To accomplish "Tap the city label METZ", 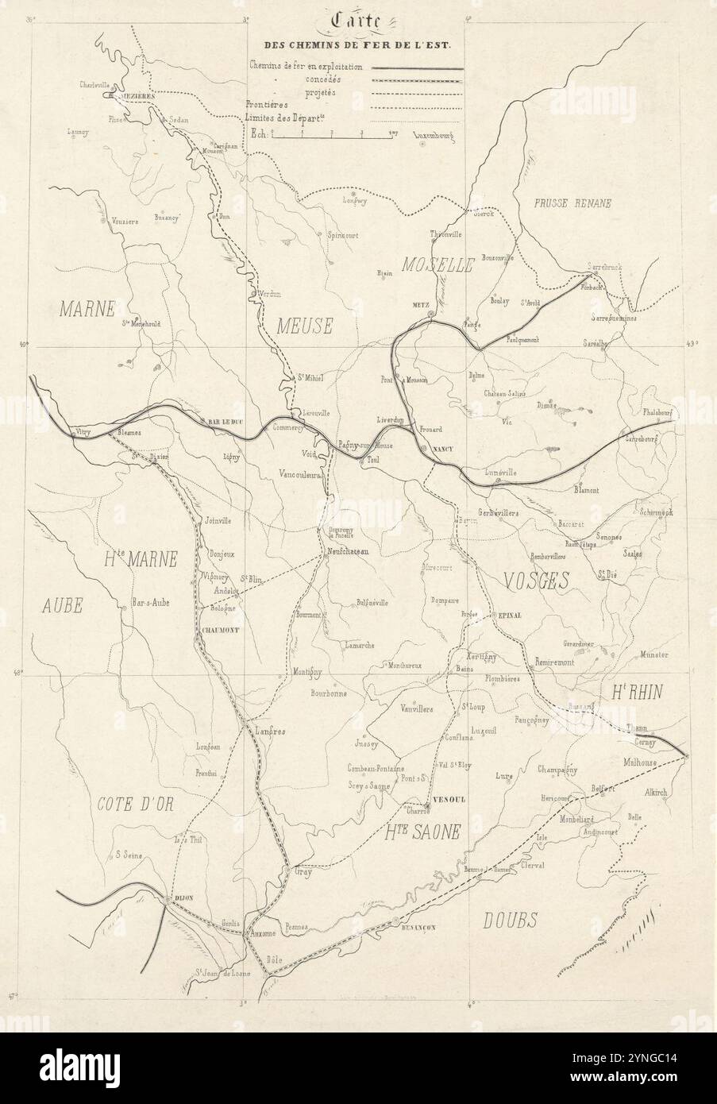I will pos(420,304).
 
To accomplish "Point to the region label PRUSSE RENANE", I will pos(572,203).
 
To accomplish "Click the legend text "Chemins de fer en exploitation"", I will pos(306,68).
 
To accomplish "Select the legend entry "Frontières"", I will pos(267,104).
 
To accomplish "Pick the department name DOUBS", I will pos(510,920).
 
